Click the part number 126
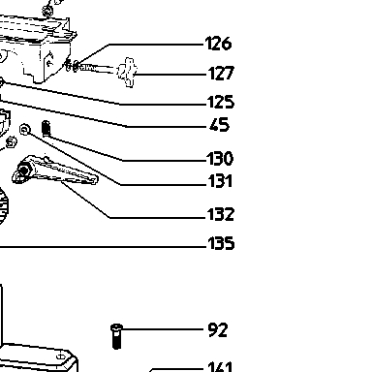[x=219, y=44]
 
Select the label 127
[x=221, y=73]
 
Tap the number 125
[x=221, y=102]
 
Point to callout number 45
[x=219, y=125]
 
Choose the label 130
[x=220, y=159]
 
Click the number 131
[x=220, y=181]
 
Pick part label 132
[x=221, y=214]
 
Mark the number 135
[x=221, y=243]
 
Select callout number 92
[x=218, y=330]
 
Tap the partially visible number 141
[x=220, y=367]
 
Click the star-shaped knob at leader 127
[x=127, y=73]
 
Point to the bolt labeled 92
[x=116, y=336]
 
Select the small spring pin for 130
[x=46, y=128]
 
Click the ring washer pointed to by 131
[x=25, y=129]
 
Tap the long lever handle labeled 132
[x=55, y=170]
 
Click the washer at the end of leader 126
[x=76, y=66]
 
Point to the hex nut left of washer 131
[x=12, y=141]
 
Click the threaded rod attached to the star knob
[x=98, y=69]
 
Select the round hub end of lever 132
[x=21, y=172]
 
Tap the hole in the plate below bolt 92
[x=61, y=356]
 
